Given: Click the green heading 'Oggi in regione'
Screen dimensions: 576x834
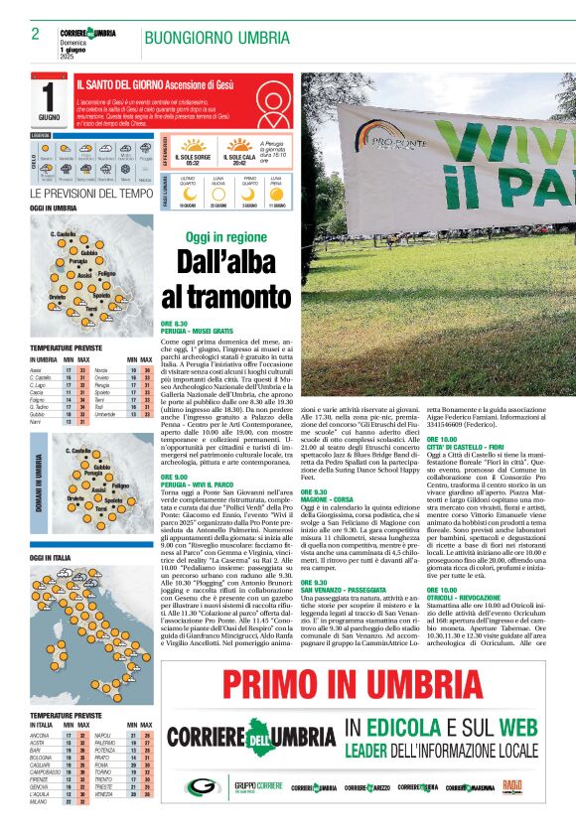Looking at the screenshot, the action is [x=226, y=237].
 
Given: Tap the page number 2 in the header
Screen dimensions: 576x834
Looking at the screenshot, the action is [x=35, y=34].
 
